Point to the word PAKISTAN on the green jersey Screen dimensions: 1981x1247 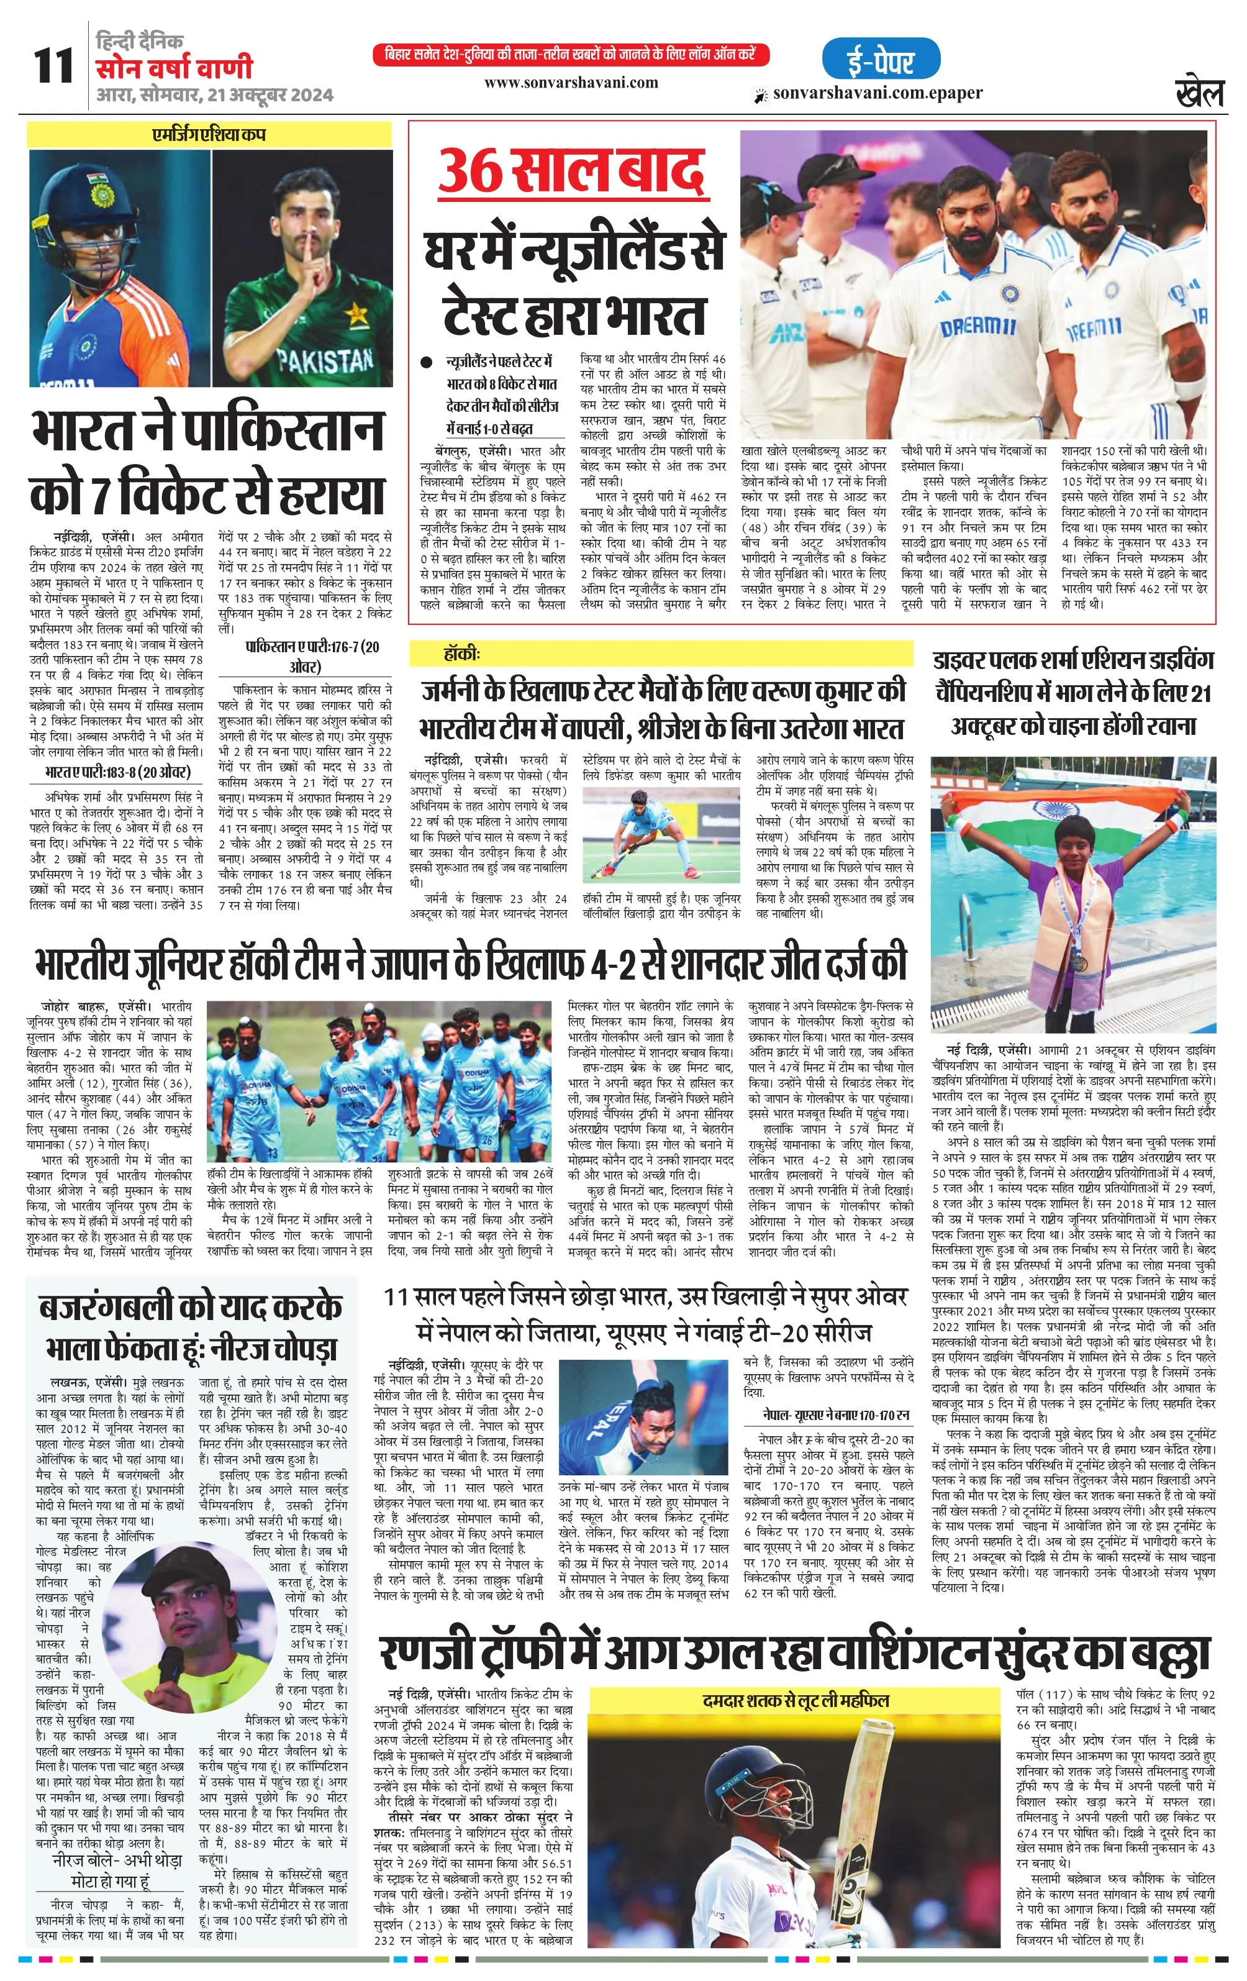pyautogui.click(x=326, y=360)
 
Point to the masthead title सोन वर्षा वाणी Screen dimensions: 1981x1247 pyautogui.click(x=173, y=68)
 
